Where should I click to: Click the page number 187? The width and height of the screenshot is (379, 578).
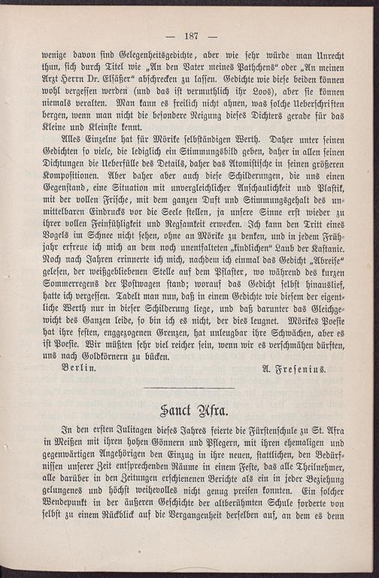click(189, 36)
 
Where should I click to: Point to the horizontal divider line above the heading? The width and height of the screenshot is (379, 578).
click(190, 388)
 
